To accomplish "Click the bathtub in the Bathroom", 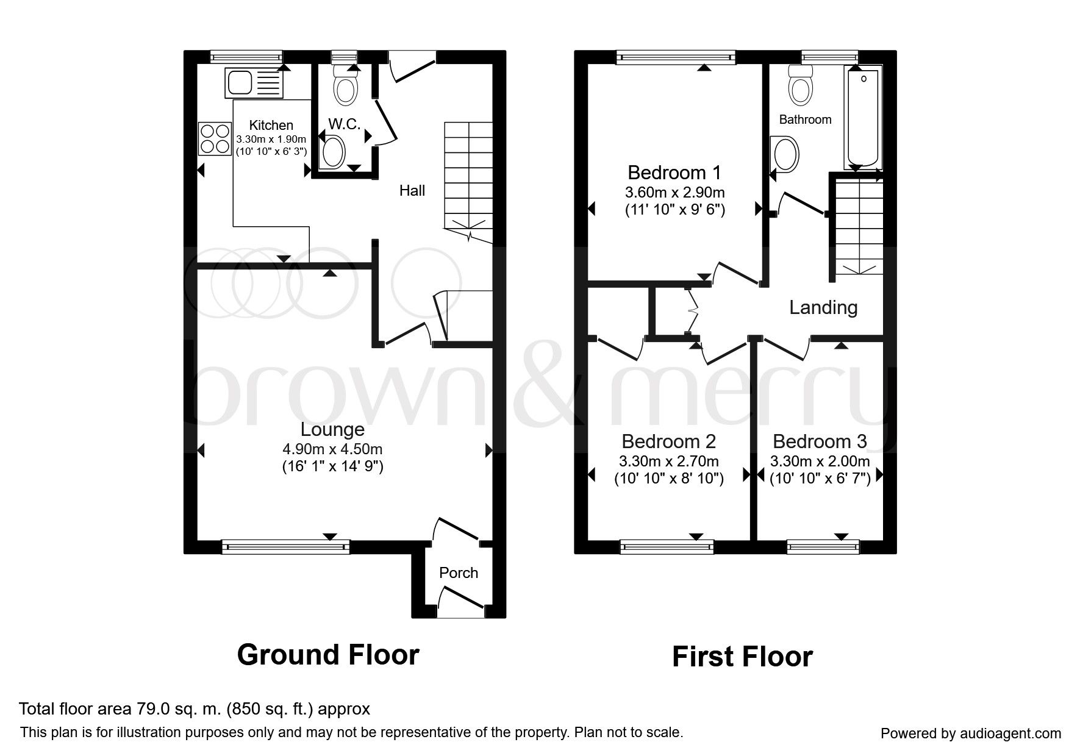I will [862, 118].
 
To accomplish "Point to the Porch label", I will [459, 573].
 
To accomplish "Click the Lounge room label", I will [332, 430].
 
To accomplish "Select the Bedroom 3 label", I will [820, 441].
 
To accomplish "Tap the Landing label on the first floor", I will [823, 307].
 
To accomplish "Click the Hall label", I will [412, 191].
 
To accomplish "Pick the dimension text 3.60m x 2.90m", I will [675, 193].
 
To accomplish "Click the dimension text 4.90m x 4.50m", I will [332, 449].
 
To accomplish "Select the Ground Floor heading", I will [328, 655].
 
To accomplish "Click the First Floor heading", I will [742, 657].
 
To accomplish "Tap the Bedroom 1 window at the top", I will [676, 57].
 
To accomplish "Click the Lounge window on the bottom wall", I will [285, 546].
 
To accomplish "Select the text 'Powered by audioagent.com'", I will [970, 733].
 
